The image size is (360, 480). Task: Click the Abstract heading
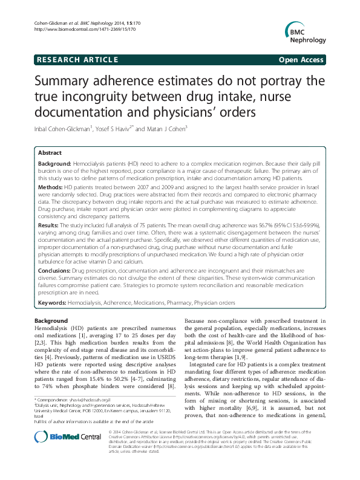coord(50,154)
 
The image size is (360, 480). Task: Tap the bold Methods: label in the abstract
coord(50,188)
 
